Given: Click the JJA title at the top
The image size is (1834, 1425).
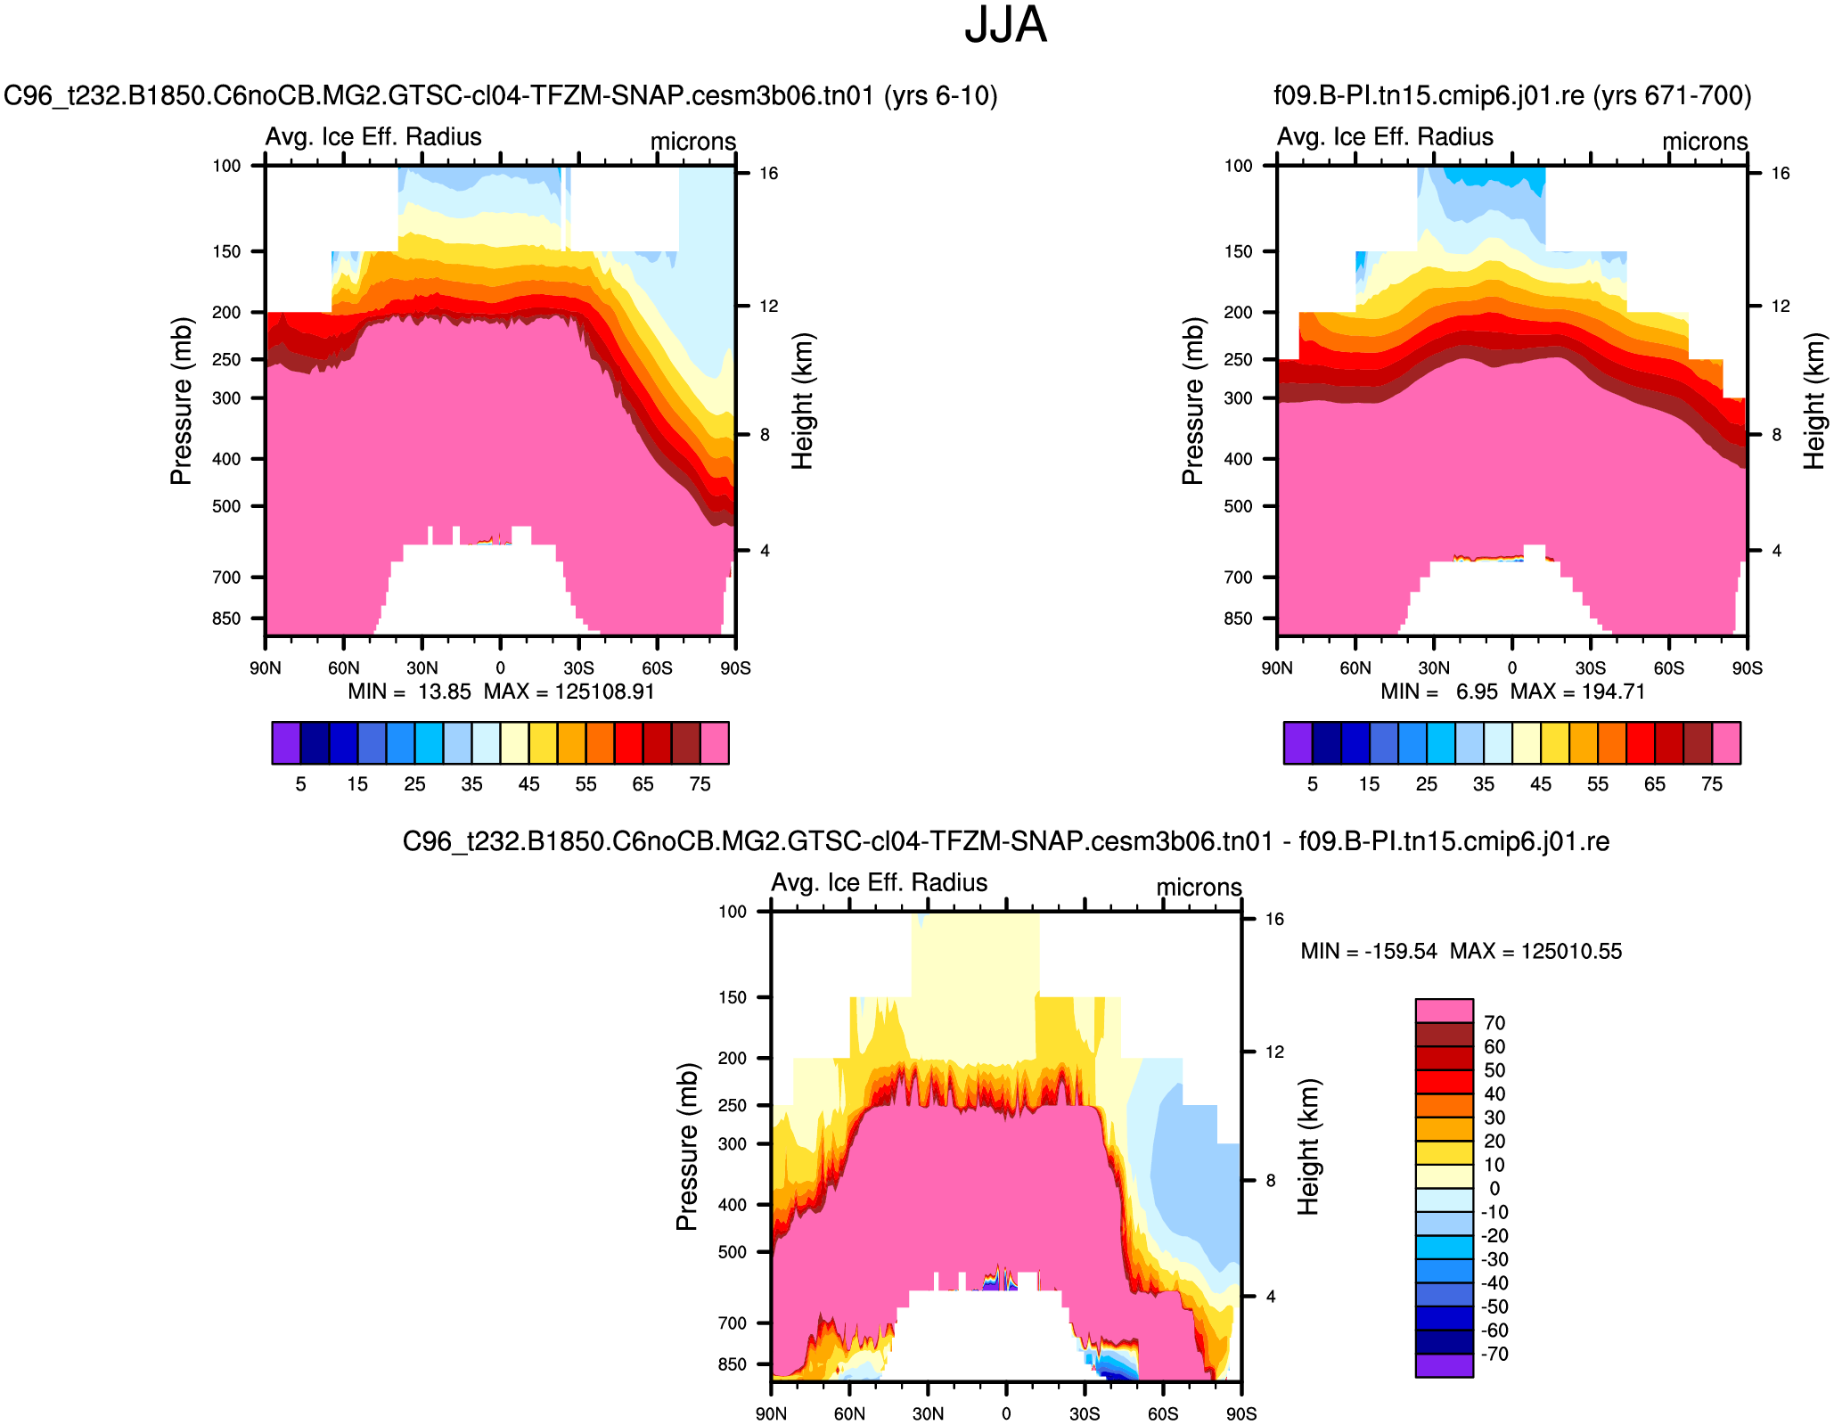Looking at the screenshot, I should tap(1005, 25).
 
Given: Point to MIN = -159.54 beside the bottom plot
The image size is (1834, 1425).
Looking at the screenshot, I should tap(1369, 951).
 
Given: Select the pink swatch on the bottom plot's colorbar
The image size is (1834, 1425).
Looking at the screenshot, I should tap(1444, 1010).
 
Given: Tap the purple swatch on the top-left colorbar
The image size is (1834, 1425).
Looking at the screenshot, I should tap(286, 743).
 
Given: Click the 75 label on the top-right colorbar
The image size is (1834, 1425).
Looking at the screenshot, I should tap(1711, 784).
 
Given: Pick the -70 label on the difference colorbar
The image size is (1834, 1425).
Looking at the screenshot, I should tap(1494, 1355).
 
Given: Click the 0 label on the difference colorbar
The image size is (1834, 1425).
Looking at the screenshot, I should tap(1494, 1189).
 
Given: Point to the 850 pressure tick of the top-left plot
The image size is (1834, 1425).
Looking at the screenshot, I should tap(226, 618).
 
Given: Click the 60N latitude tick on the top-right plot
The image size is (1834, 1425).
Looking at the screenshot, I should tap(1355, 668).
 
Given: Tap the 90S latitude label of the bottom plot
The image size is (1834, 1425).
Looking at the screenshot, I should tap(1240, 1414).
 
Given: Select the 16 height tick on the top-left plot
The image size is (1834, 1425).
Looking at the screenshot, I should tap(768, 173).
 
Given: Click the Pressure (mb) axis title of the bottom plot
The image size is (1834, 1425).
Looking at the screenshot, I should tap(686, 1147).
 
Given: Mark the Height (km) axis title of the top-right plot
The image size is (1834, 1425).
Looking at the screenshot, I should tap(1814, 401).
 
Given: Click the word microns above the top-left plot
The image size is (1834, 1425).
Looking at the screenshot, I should tap(692, 142).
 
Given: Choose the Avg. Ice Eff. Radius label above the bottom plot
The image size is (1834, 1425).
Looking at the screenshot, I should tap(879, 882).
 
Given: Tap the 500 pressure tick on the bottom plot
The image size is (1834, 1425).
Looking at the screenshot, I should tap(732, 1252).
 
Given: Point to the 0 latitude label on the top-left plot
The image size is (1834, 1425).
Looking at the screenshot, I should tap(500, 668).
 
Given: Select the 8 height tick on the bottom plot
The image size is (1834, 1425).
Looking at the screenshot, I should tap(1271, 1181).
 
